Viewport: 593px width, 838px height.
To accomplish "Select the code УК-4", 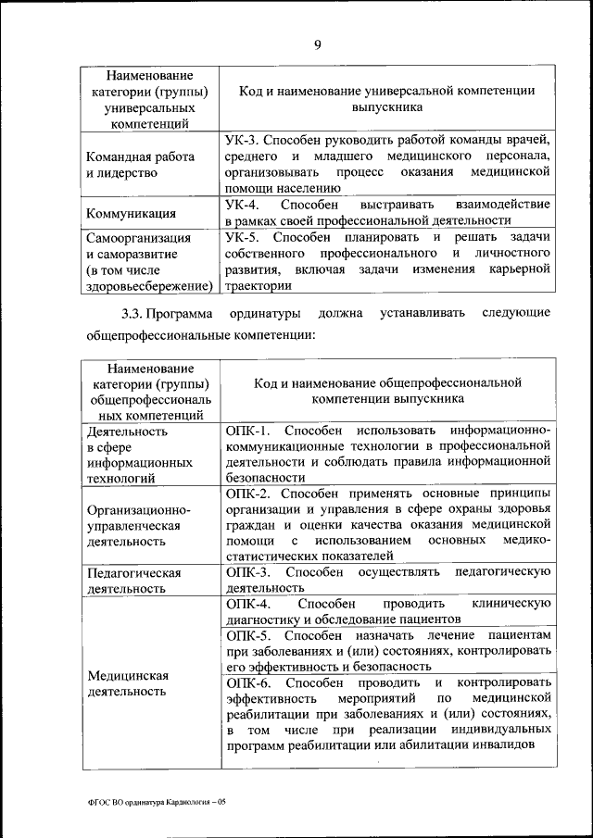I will coord(244,204).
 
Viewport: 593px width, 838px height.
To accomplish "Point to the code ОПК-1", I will coord(247,432).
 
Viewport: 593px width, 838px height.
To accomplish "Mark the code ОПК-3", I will coord(247,572).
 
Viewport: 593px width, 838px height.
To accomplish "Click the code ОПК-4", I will coord(247,604).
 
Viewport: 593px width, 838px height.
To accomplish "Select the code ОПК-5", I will coord(247,636).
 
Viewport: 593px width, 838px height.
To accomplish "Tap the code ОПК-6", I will coord(247,682).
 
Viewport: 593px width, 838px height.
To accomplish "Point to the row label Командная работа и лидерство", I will coord(139,165).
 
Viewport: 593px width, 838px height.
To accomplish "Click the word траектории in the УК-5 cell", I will coord(257,286).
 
